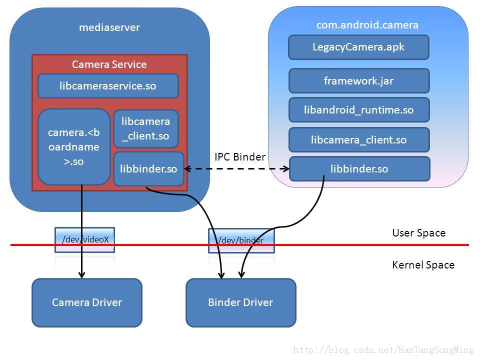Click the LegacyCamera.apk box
(x=358, y=47)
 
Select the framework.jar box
(x=359, y=81)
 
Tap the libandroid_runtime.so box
(x=359, y=110)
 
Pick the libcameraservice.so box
(x=108, y=85)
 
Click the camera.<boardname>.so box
(x=74, y=147)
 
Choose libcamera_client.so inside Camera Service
(x=145, y=128)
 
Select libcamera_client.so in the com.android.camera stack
(x=359, y=140)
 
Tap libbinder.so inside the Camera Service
(x=148, y=168)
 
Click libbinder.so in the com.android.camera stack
(x=359, y=168)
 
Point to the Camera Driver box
(x=87, y=302)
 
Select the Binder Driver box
(x=241, y=302)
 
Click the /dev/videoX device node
(x=85, y=239)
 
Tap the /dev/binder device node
(x=241, y=240)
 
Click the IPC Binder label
(x=240, y=156)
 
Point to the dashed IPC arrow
(x=236, y=168)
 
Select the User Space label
(x=419, y=233)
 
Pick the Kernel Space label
(x=423, y=265)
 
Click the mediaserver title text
(x=109, y=27)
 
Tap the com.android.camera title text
(x=367, y=25)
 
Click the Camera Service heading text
(x=109, y=64)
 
